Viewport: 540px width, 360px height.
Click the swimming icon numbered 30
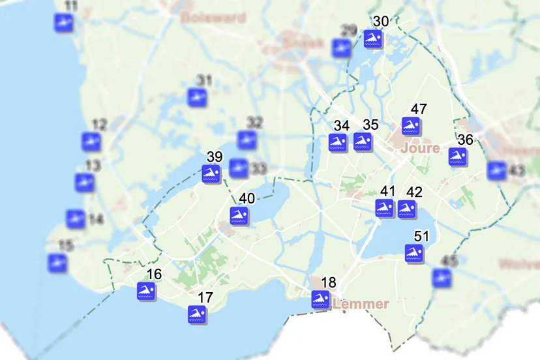[374, 39]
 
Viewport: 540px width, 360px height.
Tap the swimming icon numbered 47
[411, 127]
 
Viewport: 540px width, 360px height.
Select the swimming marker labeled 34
[338, 143]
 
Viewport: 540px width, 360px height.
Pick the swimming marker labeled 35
[363, 142]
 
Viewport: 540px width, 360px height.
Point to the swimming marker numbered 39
[211, 174]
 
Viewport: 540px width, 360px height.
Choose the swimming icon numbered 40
[239, 216]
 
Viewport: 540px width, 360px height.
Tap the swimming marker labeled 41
[385, 209]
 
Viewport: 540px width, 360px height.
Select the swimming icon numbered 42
[407, 209]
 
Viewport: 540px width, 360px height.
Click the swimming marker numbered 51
[413, 254]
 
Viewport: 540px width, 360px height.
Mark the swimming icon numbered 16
[146, 292]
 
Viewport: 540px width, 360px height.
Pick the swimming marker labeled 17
[198, 315]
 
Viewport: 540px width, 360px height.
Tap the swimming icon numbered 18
[321, 299]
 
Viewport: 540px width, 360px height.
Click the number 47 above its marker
[419, 109]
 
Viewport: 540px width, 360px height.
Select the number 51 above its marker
[421, 236]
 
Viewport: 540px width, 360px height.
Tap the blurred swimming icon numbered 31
[197, 98]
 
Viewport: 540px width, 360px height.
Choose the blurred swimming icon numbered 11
[63, 23]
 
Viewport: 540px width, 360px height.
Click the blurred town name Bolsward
[213, 18]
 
